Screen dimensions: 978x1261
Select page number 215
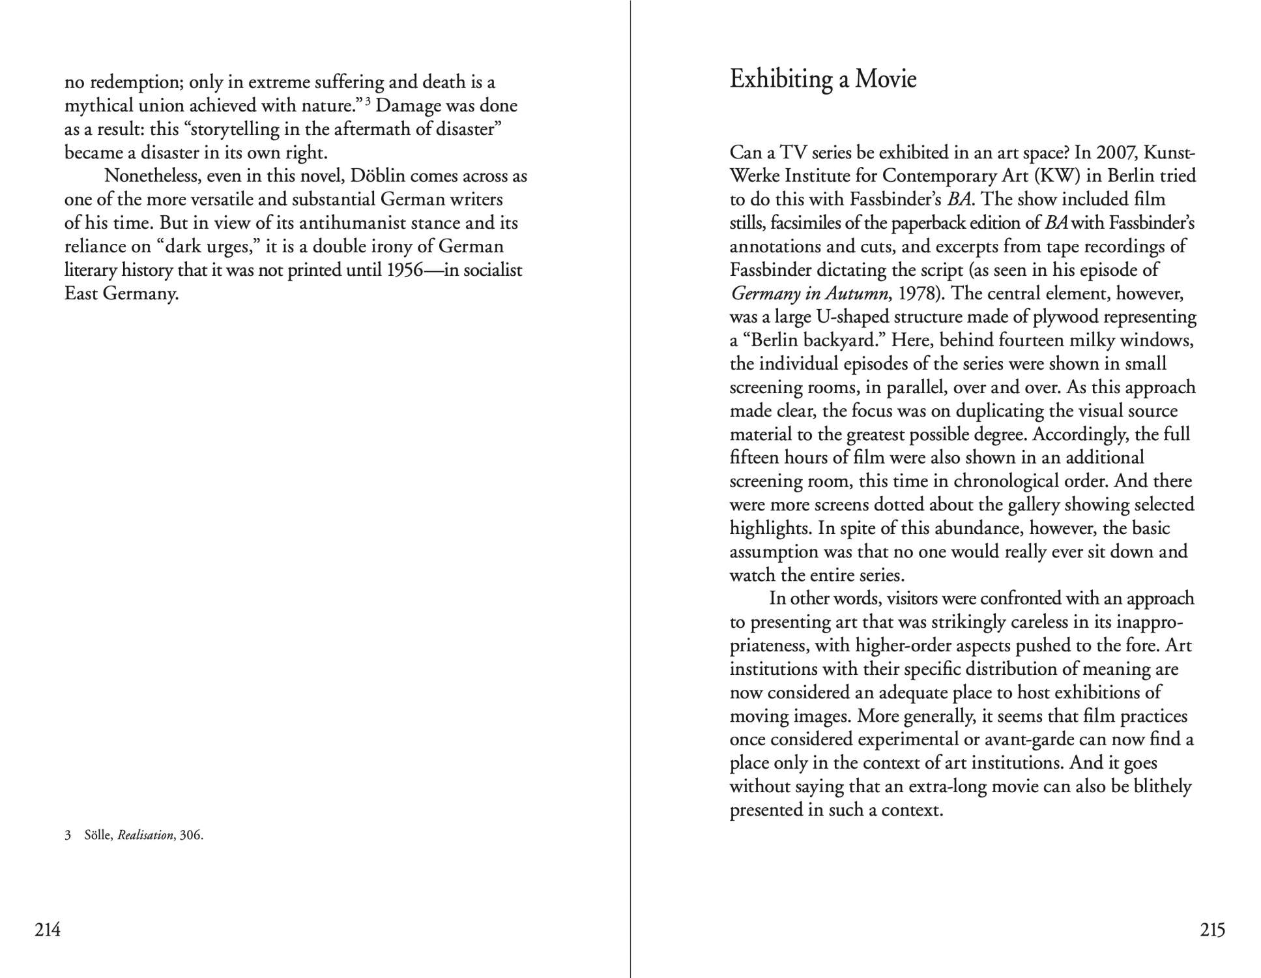click(x=1212, y=929)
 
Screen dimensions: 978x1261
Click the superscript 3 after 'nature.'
click(x=368, y=100)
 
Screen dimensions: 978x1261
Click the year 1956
click(x=405, y=270)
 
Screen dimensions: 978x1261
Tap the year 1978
click(x=920, y=293)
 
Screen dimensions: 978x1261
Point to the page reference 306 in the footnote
click(x=191, y=835)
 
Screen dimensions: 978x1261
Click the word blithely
click(x=1163, y=786)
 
